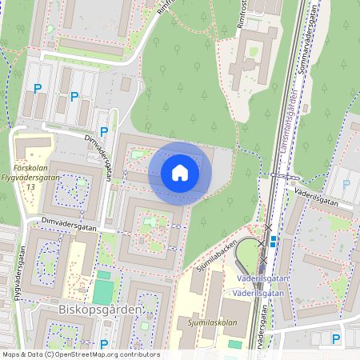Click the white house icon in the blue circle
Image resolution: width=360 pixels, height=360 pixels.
click(x=180, y=173)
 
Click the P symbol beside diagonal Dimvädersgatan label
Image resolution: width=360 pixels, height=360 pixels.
click(x=103, y=132)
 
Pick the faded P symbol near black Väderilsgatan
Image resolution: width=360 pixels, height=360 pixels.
click(x=346, y=184)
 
